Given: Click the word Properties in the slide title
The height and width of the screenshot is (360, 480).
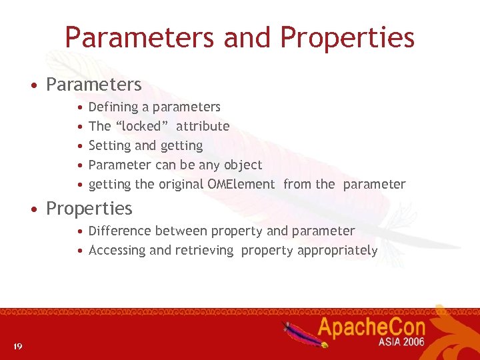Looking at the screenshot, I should (x=347, y=38).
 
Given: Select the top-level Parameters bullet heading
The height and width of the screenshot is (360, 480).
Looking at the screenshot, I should (x=93, y=85).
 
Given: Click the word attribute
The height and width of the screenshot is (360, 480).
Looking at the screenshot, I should (x=203, y=126).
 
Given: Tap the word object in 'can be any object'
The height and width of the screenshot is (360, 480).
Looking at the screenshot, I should (x=243, y=165).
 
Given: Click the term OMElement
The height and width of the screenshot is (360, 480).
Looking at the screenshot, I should (x=241, y=184).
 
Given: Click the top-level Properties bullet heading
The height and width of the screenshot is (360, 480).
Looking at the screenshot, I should (x=89, y=209).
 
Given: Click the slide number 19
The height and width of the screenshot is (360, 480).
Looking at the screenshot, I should (x=17, y=345).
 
